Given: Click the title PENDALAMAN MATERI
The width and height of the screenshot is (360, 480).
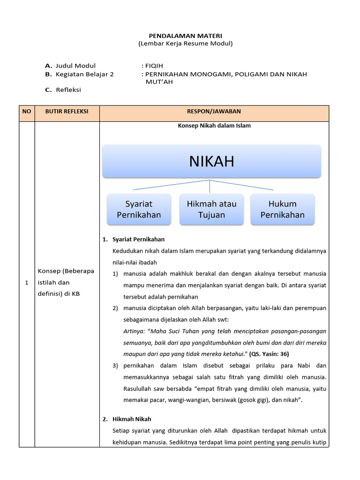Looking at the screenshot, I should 185,36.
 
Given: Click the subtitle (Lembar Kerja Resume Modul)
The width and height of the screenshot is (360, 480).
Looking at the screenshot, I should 185,44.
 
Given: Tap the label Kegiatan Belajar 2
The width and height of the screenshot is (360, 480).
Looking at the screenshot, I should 84,74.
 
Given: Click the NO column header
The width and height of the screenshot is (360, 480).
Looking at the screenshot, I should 27,111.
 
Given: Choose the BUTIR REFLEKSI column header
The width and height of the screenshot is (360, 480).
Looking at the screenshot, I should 67,111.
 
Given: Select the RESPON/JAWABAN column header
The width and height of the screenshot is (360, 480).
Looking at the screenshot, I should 214,111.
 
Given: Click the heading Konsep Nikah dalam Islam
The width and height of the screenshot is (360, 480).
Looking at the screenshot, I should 214,126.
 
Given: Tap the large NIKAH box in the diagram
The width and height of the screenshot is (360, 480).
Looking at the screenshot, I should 211,161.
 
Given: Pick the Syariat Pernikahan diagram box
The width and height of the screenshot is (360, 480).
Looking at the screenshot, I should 139,210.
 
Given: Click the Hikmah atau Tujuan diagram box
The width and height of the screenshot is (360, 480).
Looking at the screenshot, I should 212,210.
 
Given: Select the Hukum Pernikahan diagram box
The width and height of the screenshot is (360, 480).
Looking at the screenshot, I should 282,210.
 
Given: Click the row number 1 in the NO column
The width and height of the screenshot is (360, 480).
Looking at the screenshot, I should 27,283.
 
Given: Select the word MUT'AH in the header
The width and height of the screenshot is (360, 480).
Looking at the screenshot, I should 159,82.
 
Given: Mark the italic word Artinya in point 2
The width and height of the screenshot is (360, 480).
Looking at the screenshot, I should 133,331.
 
